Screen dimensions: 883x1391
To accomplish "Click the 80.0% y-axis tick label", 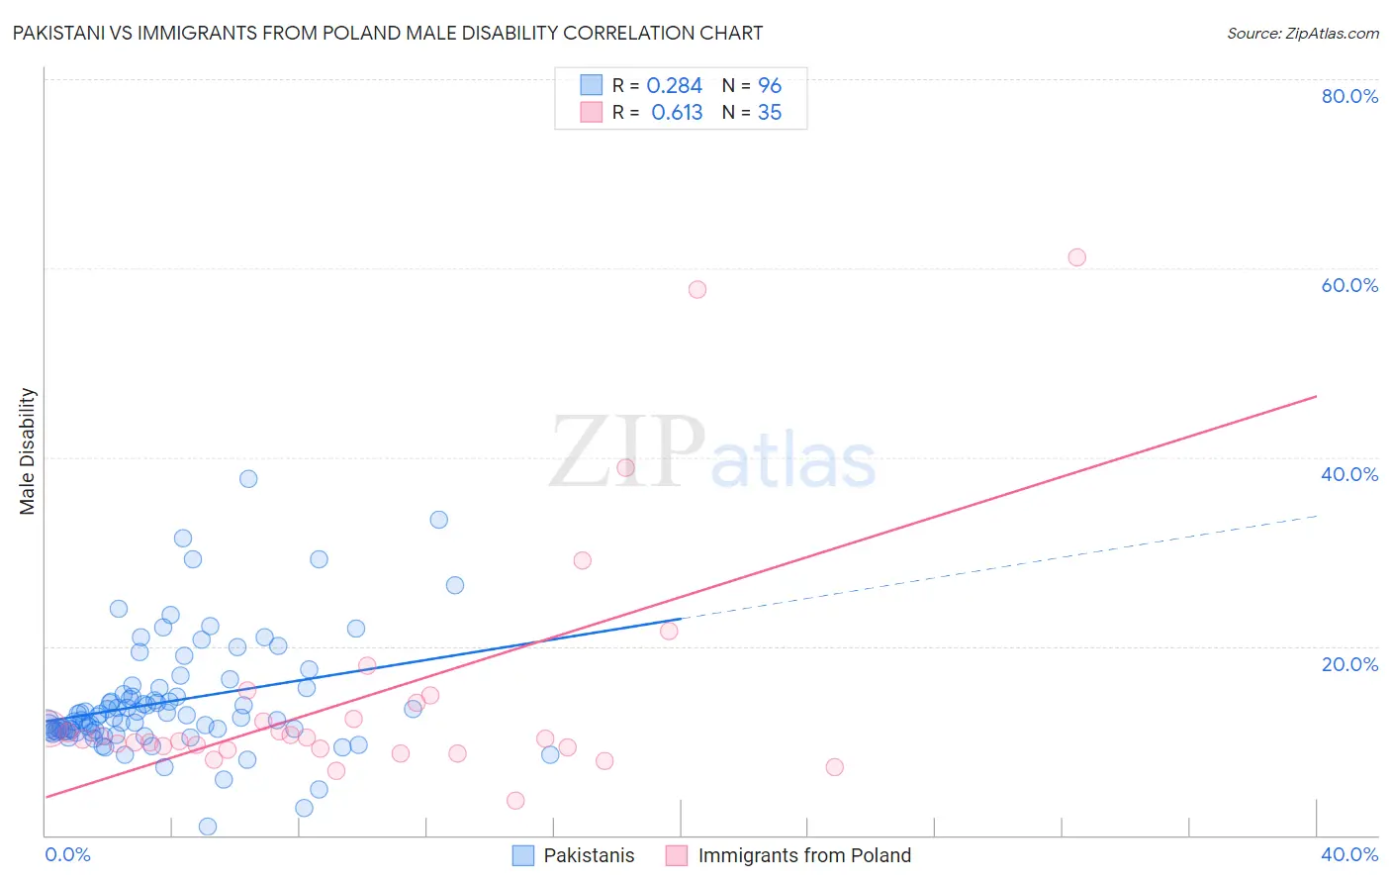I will (x=1348, y=96).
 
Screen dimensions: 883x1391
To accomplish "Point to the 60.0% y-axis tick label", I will (x=1348, y=285).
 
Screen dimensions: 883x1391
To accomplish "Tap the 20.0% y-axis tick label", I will (x=1348, y=664).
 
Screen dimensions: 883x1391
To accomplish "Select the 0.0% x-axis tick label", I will (x=67, y=854).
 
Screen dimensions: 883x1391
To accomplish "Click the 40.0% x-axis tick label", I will (x=1348, y=854).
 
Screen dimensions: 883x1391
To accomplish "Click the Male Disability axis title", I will (x=28, y=450).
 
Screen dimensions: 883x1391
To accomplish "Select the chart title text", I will (x=388, y=33).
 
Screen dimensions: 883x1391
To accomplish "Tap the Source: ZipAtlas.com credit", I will (x=1302, y=33).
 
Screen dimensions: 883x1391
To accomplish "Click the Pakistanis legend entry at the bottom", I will (x=589, y=855).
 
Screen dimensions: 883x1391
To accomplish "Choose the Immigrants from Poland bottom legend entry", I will (x=803, y=855).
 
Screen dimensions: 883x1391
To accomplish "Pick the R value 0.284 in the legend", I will (x=674, y=86).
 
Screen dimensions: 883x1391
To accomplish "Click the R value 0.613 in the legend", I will (x=677, y=113).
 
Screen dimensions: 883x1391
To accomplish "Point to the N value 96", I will (x=770, y=86).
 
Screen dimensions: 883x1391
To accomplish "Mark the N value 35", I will (x=770, y=113).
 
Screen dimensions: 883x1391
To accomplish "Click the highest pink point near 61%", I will (x=1076, y=257).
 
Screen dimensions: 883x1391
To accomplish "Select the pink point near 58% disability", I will (x=697, y=290).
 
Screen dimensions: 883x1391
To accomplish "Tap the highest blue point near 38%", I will (x=248, y=479).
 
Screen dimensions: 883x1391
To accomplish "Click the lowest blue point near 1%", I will (x=208, y=827).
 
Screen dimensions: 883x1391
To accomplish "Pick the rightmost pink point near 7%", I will (x=834, y=767).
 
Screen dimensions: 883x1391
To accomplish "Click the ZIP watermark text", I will (x=627, y=451).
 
